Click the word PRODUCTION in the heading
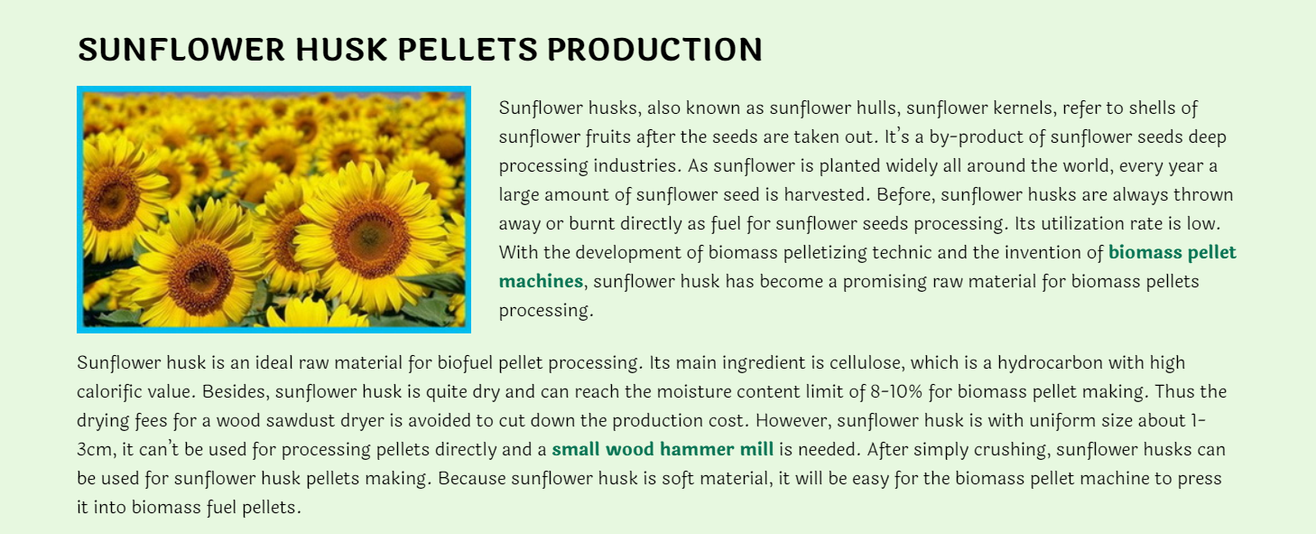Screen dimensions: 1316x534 tap(654, 49)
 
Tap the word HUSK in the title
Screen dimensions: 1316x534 tap(341, 49)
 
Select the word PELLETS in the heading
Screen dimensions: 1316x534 tap(467, 49)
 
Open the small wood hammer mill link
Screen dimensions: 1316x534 tap(663, 449)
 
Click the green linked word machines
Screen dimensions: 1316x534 tap(541, 281)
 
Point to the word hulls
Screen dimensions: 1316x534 tap(876, 108)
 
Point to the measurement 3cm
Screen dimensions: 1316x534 tap(94, 450)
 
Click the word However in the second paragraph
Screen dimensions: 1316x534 tap(792, 421)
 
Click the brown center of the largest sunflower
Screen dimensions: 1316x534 tap(370, 238)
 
